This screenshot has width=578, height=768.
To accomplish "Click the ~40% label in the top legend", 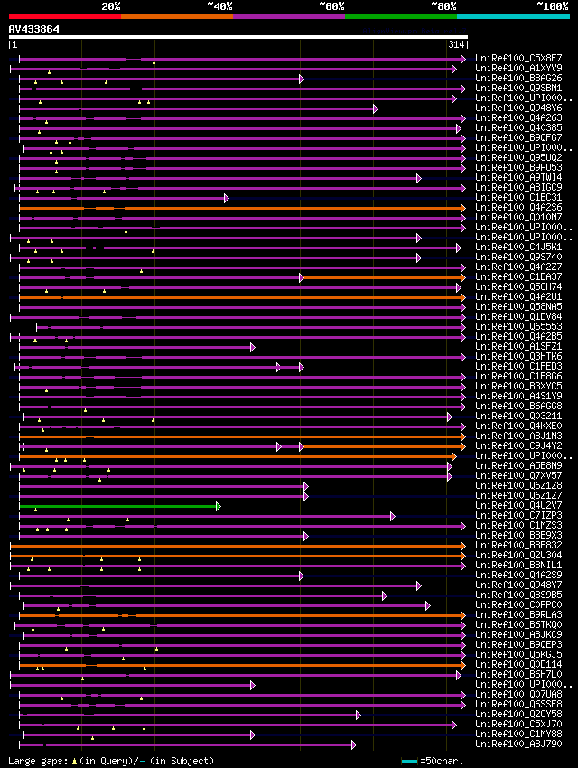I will (220, 5).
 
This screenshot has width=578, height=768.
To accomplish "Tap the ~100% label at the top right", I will (553, 5).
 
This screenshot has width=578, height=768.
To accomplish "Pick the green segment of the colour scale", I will (400, 15).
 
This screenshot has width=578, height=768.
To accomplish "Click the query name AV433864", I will (33, 29).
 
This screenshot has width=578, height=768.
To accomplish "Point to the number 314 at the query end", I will (456, 44).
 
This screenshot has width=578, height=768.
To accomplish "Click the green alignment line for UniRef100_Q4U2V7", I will (117, 506).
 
